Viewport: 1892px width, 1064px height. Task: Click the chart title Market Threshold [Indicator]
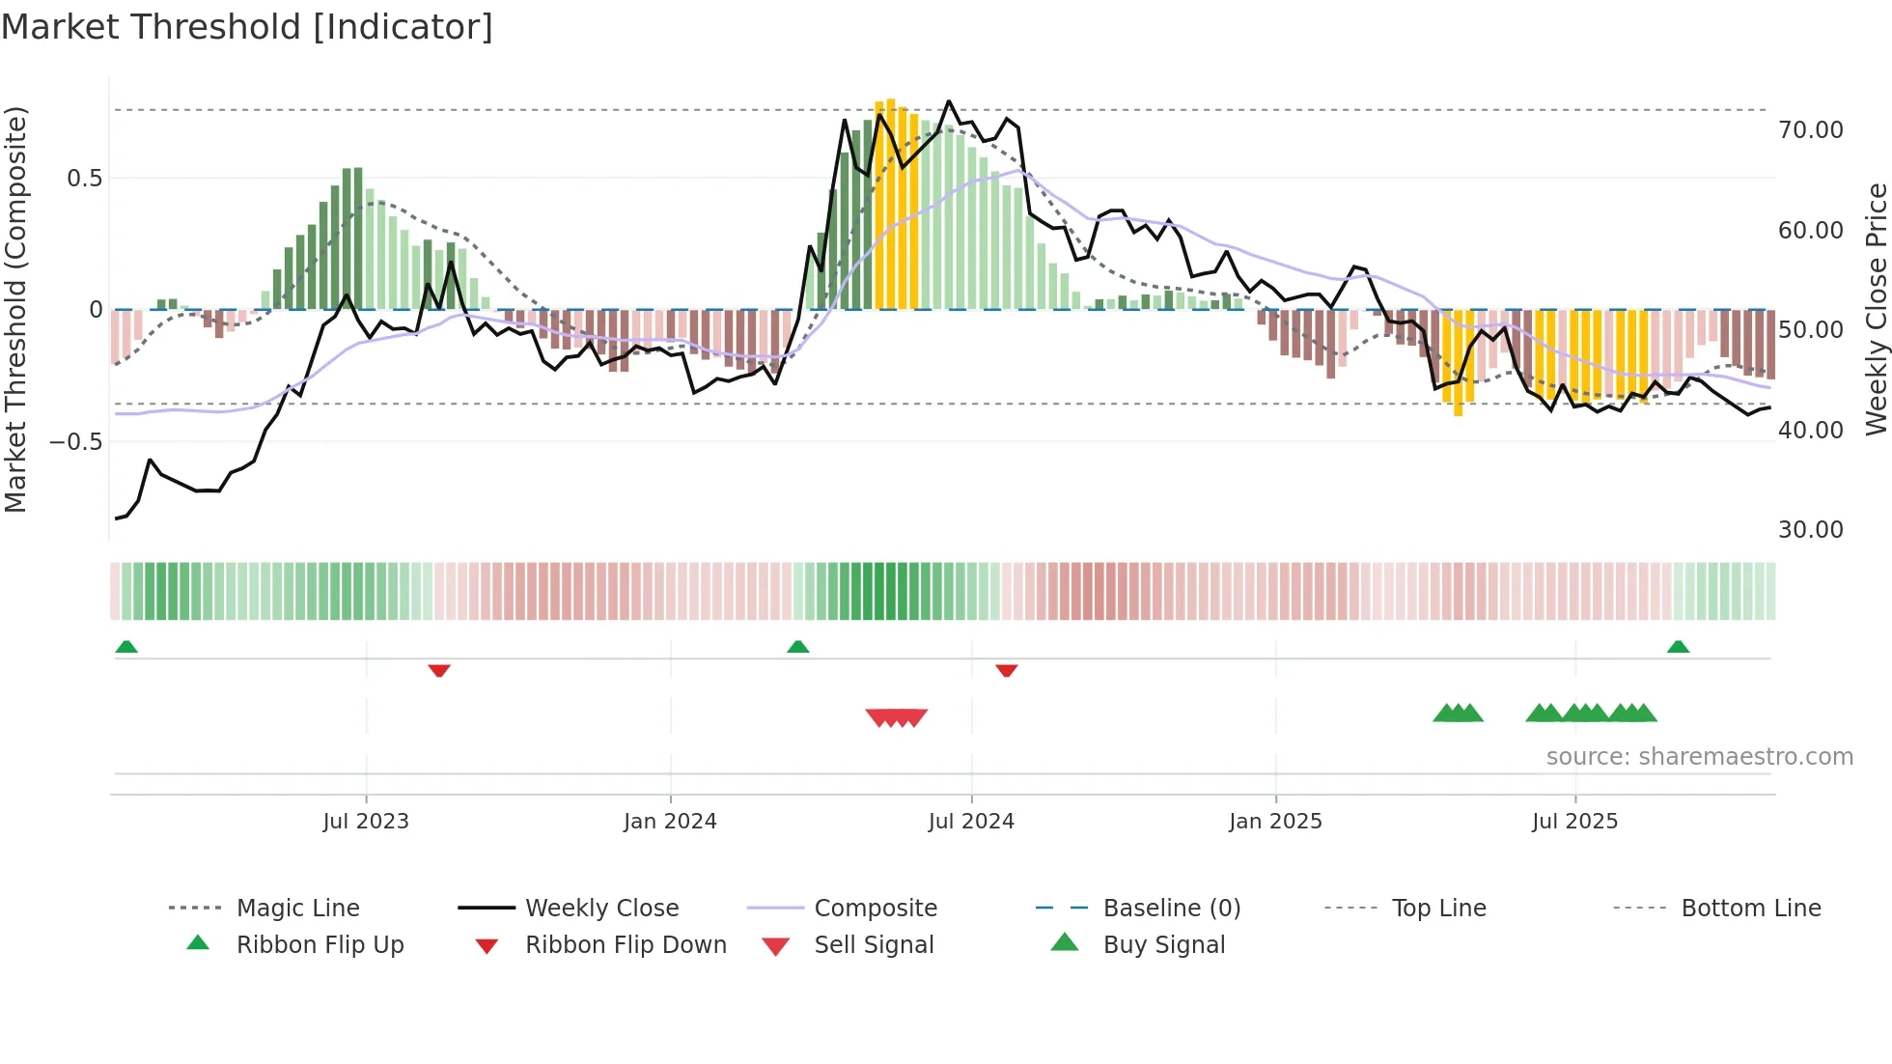pos(247,27)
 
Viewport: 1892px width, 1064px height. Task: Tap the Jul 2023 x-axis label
pos(366,822)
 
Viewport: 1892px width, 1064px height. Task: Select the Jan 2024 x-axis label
pos(670,822)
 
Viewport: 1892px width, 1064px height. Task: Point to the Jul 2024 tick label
pos(971,822)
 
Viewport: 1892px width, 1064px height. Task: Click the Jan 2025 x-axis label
pos(1275,822)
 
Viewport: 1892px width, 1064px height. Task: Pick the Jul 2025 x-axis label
pos(1574,822)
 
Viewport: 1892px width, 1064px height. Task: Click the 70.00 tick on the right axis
pos(1810,130)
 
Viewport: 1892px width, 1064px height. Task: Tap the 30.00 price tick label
pos(1810,530)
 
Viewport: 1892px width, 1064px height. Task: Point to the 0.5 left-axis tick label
pos(84,179)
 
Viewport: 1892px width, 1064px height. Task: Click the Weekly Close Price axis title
pos(1876,309)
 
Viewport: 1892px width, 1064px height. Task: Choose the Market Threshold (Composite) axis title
pos(15,309)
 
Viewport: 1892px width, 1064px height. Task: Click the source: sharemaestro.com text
pos(1699,757)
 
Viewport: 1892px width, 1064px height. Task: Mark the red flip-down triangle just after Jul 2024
pos(1007,670)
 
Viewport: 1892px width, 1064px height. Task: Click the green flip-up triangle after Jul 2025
pos(1678,647)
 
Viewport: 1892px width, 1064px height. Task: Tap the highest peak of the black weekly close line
pos(949,101)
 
